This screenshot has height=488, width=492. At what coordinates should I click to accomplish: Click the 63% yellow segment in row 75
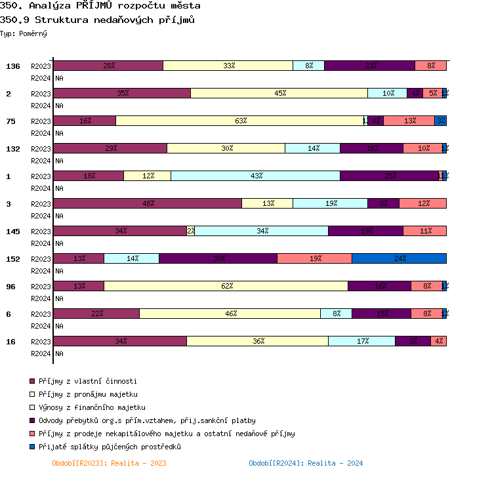(240, 121)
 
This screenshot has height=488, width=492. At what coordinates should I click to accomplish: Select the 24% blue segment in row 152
(399, 258)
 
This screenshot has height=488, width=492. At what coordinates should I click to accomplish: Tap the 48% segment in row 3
(148, 203)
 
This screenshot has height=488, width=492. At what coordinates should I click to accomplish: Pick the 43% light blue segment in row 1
(256, 176)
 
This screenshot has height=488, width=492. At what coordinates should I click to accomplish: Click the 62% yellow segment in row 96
(226, 286)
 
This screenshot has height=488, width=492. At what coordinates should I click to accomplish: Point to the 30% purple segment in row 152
(218, 258)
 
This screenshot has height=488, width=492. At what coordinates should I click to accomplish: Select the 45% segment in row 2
(279, 93)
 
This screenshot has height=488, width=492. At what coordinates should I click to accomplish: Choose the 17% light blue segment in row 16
(361, 341)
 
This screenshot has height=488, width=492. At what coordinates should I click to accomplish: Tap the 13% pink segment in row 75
(409, 121)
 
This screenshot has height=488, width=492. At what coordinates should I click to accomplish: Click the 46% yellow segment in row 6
(230, 314)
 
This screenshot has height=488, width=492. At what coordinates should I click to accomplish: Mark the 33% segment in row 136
(228, 66)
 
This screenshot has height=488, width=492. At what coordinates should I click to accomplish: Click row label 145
(13, 232)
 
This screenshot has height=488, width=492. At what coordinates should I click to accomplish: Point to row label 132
(13, 149)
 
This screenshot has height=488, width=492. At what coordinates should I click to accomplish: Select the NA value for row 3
(59, 216)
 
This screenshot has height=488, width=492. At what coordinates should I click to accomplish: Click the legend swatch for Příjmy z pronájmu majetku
(31, 394)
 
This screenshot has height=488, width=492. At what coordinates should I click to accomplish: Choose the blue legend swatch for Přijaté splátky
(31, 447)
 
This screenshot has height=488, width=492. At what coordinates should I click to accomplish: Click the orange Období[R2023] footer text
(109, 463)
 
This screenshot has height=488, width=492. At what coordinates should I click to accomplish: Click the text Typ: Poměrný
(24, 33)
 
